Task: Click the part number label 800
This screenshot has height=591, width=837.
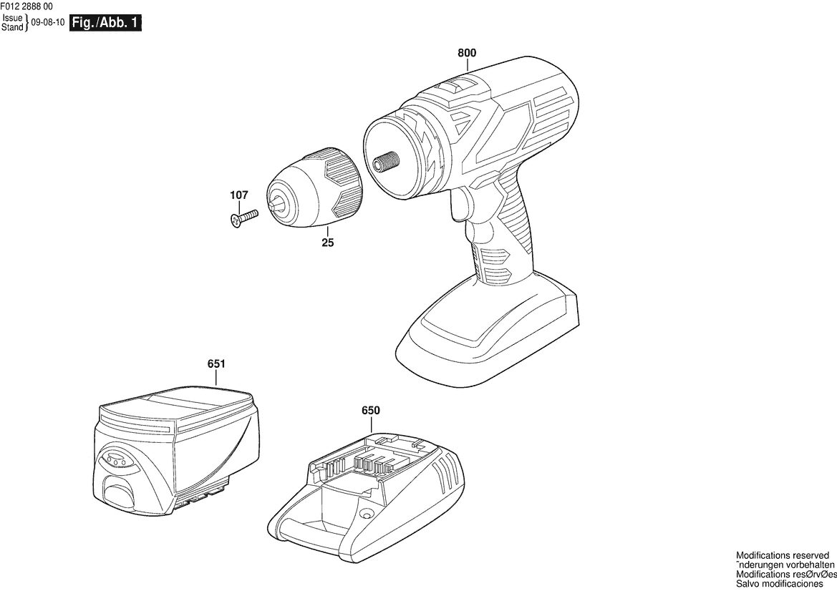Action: coord(467,54)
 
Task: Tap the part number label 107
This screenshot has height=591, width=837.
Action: coord(239,195)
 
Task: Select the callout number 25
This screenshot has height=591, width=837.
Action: coord(328,243)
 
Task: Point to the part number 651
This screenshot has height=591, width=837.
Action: coord(216,363)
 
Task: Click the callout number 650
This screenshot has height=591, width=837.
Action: coord(370,410)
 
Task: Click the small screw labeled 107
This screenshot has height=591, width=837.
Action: coord(243,219)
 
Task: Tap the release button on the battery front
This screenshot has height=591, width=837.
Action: coord(119,490)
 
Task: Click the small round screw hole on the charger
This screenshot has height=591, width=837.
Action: coord(366,514)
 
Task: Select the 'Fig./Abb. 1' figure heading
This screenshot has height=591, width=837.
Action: coord(106,23)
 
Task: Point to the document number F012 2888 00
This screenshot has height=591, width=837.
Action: coord(26,6)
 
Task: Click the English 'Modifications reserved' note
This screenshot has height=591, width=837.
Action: coord(783,556)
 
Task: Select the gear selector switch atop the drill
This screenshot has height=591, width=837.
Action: coord(458,87)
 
